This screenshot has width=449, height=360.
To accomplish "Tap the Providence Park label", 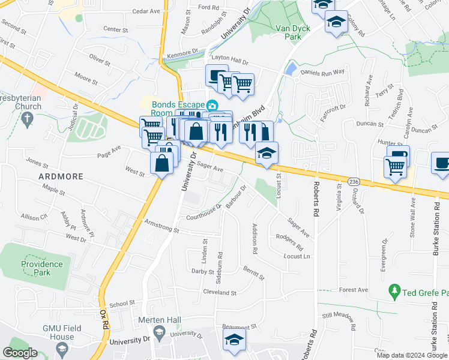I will pos(42,268).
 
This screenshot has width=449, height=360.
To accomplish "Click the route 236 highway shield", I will pos(354,181).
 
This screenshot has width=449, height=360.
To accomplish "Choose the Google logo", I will pos(20,353).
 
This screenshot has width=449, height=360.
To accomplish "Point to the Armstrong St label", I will pos(161,226).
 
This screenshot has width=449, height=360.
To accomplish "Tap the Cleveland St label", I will pos(220,293).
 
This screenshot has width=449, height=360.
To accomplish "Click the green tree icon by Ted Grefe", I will pos(394,293).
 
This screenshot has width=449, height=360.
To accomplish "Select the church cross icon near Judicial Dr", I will pos(26,119).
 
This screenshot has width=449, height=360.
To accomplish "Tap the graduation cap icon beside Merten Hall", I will pos(159,332).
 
